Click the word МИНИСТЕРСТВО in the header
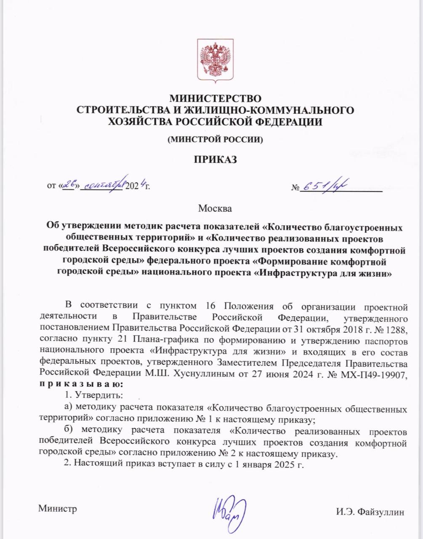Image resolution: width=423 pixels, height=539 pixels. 215,99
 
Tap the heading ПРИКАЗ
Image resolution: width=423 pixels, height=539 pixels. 215,160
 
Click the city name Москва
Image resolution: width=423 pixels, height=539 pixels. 215,208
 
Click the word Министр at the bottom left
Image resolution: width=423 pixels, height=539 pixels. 58,509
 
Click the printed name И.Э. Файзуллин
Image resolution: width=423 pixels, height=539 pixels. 370,512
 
